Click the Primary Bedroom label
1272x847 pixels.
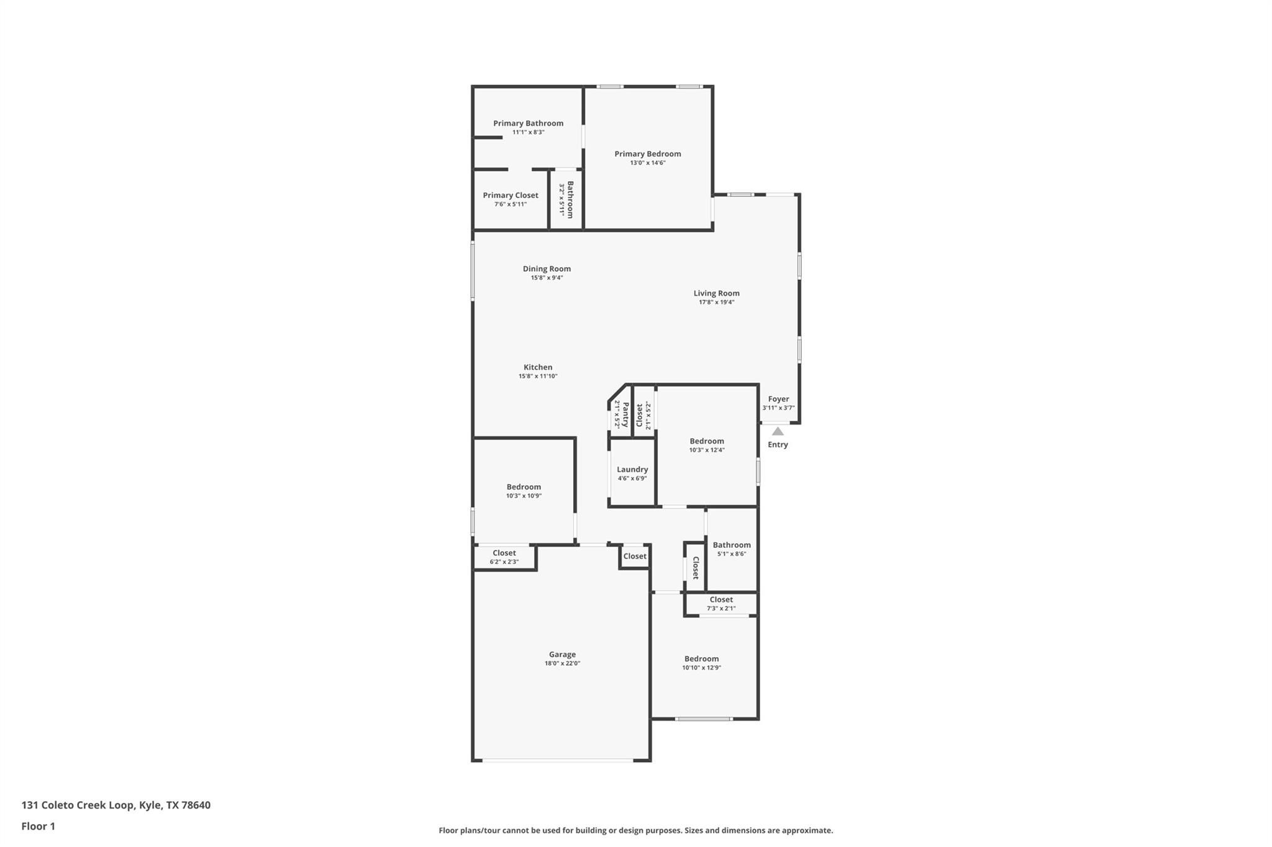click(647, 154)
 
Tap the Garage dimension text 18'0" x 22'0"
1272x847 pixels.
click(562, 663)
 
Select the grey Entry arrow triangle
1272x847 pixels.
click(778, 431)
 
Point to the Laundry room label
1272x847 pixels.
click(632, 470)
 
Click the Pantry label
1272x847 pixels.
click(625, 414)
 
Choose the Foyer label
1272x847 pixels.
click(778, 399)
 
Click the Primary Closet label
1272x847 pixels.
click(511, 195)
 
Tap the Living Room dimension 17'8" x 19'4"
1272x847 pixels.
click(716, 302)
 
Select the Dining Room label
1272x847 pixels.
click(547, 269)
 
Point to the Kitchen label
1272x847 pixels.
click(538, 367)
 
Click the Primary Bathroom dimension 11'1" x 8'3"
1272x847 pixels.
click(528, 132)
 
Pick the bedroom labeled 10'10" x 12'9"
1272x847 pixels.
click(701, 659)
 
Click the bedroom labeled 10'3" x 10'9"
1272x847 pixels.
click(524, 487)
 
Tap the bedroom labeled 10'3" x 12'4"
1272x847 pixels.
click(706, 441)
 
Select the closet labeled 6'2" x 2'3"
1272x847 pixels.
click(504, 553)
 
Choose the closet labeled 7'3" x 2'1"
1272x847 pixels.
click(720, 599)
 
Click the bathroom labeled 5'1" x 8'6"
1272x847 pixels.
click(731, 545)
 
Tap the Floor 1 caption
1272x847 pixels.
click(38, 826)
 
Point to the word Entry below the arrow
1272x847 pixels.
click(778, 444)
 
